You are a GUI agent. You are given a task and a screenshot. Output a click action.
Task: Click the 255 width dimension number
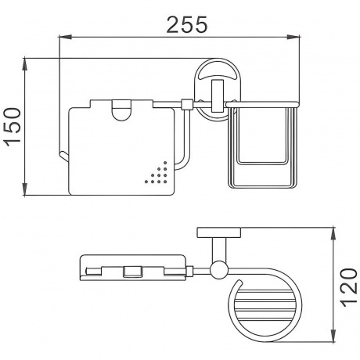tap(187, 25)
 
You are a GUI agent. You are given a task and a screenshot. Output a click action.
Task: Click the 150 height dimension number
tap(13, 127)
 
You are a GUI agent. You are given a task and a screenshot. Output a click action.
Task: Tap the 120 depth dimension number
tap(349, 287)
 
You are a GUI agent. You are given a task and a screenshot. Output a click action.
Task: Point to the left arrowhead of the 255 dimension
tap(65, 38)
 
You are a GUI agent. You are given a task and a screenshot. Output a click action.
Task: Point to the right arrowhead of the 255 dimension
tap(293, 38)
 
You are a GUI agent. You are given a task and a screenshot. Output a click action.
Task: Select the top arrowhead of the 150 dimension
tap(25, 64)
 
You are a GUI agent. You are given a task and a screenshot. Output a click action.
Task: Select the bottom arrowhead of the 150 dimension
tap(25, 189)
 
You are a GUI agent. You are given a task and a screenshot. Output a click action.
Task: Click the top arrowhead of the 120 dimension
tap(333, 234)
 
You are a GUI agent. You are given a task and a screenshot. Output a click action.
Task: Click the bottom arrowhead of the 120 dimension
tap(333, 336)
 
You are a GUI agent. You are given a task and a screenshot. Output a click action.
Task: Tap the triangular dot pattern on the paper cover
tap(157, 173)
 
